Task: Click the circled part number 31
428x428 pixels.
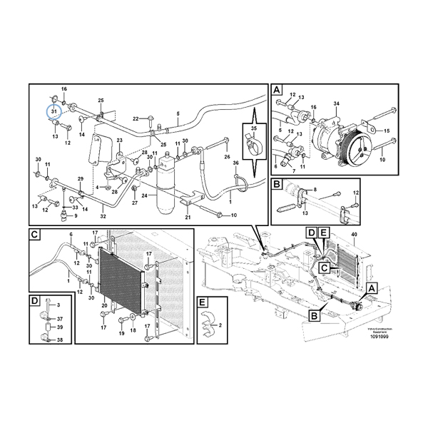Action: click(x=53, y=111)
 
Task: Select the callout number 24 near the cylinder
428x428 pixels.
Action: click(x=145, y=195)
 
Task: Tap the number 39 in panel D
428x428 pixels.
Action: click(x=59, y=328)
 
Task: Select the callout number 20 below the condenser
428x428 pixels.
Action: click(x=104, y=306)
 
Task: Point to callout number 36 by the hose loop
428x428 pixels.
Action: click(x=236, y=164)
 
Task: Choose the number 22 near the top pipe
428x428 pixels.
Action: click(x=134, y=118)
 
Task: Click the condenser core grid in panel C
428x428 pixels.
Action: click(x=121, y=277)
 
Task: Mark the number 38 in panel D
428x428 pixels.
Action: click(x=59, y=341)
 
